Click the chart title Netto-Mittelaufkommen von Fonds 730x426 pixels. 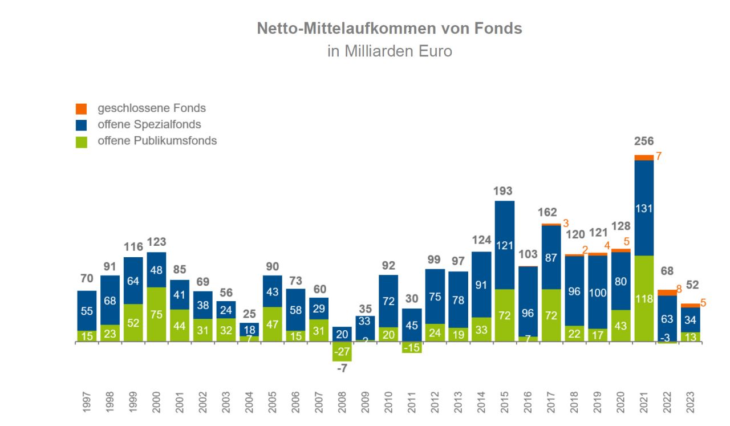389,29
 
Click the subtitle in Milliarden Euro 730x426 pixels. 389,51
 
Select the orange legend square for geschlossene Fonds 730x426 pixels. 81,108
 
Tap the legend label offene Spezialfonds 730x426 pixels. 149,124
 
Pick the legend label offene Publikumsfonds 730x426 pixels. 157,140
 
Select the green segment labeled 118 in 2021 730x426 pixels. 644,299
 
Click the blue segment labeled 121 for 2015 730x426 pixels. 504,245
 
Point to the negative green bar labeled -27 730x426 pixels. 342,351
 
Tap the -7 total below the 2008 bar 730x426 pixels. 342,368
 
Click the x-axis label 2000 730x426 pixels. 156,402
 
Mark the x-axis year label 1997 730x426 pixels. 87,402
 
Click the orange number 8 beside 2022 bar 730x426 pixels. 679,289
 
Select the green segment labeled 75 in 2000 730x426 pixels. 156,315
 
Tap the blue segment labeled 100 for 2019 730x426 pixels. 597,291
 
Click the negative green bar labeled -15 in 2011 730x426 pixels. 412,347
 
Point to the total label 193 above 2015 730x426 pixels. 504,191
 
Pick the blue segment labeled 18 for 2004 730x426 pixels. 249,329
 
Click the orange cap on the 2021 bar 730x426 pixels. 644,157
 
